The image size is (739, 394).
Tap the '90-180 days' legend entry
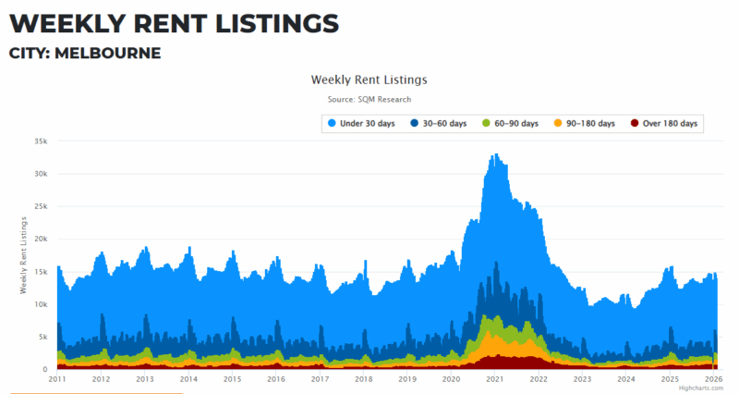tap(586, 124)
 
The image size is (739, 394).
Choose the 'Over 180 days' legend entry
tap(663, 124)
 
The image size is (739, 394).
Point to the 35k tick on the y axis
tap(40, 142)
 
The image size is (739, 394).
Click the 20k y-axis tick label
tap(40, 239)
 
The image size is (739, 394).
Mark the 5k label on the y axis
tap(42, 337)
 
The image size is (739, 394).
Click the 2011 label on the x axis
tap(57, 379)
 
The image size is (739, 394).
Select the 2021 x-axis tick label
tap(495, 379)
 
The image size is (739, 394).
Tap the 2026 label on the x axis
tap(713, 379)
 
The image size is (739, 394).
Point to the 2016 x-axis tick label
tap(276, 379)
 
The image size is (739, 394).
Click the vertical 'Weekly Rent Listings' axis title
tap(23, 254)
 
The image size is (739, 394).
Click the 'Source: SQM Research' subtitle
tap(369, 99)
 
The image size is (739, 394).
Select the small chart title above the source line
tap(369, 80)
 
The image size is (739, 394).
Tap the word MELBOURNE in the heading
tap(108, 53)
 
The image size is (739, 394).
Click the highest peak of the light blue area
tap(496, 155)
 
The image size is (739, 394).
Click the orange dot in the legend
tap(557, 124)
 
